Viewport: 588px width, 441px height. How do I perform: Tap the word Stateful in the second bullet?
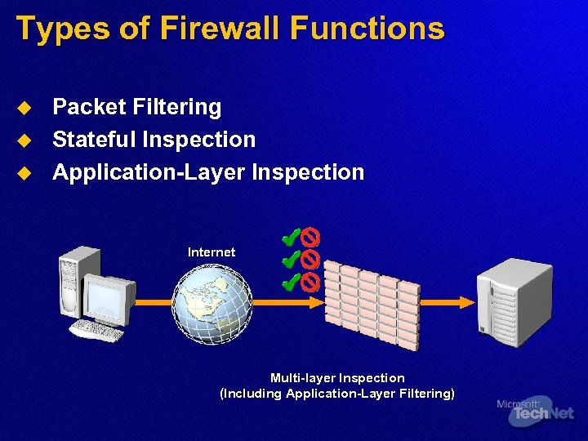(x=93, y=140)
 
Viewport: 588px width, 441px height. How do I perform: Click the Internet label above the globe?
(x=212, y=252)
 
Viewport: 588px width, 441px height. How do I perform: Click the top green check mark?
(x=287, y=238)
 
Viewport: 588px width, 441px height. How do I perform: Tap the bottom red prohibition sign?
(x=310, y=283)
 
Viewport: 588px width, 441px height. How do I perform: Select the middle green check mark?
(x=287, y=260)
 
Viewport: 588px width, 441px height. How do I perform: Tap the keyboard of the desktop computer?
(x=97, y=331)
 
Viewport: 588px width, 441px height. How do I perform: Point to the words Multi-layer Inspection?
(x=337, y=378)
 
